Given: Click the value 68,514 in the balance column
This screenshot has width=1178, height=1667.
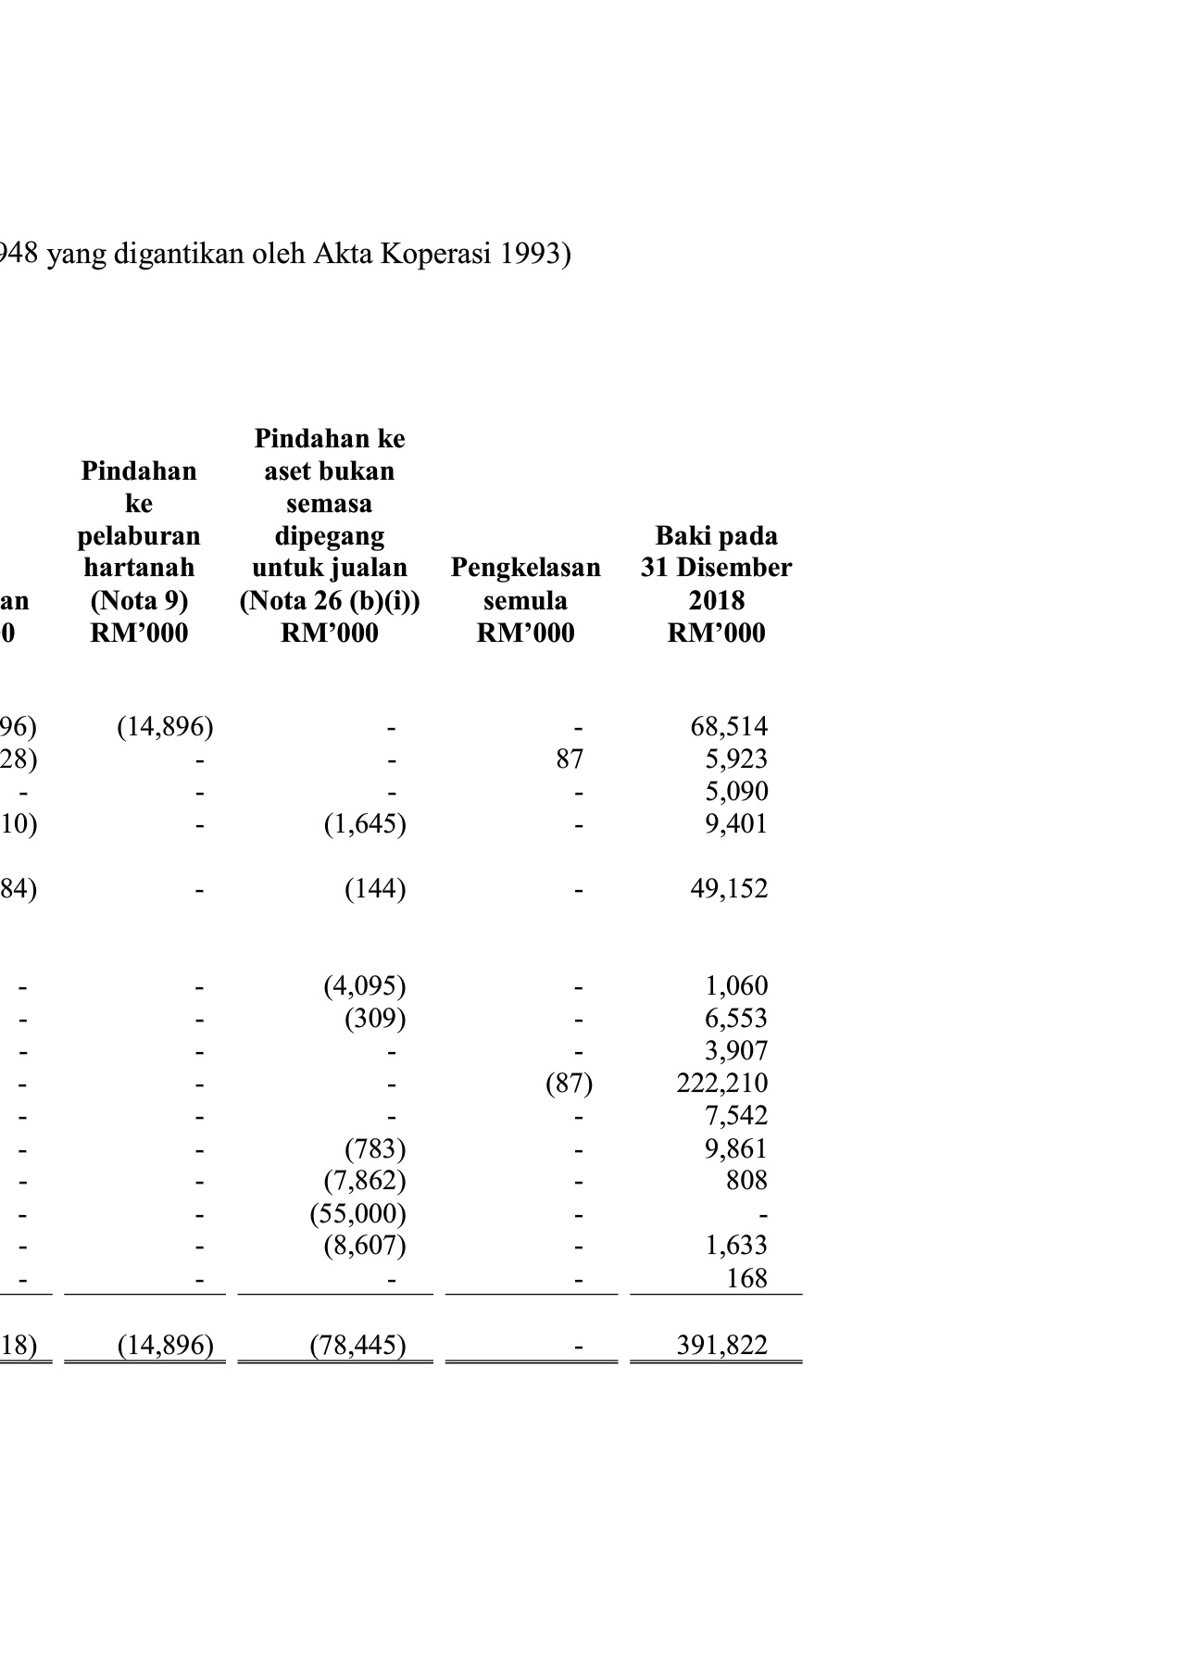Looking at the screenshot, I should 729,727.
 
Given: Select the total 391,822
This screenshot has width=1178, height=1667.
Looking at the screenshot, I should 721,1345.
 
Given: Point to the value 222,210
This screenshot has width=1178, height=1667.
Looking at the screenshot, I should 721,1083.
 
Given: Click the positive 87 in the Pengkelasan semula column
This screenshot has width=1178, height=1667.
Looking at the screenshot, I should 570,759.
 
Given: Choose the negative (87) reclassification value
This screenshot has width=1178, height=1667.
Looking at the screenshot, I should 569,1083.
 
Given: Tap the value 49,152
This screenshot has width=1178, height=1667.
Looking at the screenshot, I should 729,889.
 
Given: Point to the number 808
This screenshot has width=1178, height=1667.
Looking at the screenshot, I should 746,1180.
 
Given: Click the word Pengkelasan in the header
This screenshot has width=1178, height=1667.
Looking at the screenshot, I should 525,568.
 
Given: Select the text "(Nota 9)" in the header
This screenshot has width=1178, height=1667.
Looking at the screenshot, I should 139,601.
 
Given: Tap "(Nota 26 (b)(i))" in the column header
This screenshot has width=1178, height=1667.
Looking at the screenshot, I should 330,601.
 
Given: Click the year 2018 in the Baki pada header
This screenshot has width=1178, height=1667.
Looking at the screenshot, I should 716,601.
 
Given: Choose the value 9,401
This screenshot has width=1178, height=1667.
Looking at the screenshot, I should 736,824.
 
